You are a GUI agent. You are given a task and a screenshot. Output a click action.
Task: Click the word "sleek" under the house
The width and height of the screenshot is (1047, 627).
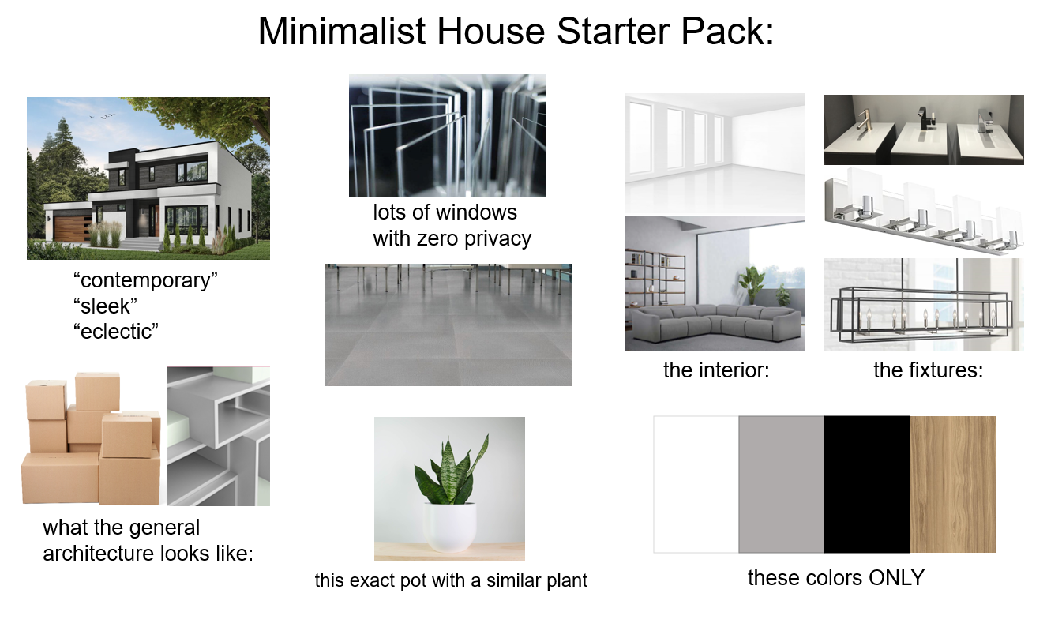click(x=102, y=306)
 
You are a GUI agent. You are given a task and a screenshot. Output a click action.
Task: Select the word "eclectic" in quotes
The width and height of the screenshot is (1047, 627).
click(x=115, y=331)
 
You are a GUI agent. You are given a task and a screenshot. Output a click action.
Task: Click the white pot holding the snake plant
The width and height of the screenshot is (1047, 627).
click(x=450, y=525)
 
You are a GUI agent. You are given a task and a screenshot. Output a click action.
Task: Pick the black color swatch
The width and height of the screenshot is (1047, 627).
click(x=866, y=484)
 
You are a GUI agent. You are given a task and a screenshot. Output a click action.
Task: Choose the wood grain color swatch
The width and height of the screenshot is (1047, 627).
click(x=952, y=484)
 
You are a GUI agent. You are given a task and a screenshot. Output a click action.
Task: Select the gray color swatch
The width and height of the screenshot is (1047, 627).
click(x=781, y=484)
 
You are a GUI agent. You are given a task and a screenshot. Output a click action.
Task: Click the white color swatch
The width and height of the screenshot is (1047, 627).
click(x=696, y=484)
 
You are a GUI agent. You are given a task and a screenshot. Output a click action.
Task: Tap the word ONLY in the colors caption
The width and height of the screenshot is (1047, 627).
click(x=896, y=577)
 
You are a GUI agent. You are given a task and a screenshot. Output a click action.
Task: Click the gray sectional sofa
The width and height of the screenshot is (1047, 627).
click(x=715, y=320)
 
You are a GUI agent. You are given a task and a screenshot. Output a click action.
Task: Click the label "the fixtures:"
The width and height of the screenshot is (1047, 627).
click(x=928, y=370)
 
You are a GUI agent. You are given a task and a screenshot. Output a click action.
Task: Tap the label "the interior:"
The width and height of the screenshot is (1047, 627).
click(x=715, y=370)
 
